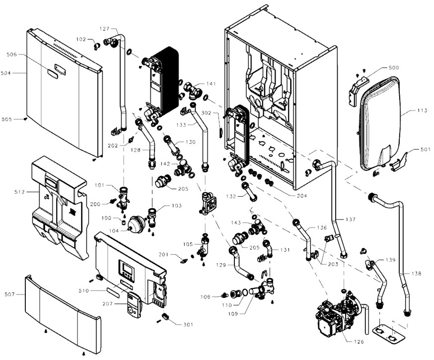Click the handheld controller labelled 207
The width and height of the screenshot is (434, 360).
coord(133,304)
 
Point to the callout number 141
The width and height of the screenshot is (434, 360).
coord(211,84)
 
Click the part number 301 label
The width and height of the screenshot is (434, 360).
coord(187,325)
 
